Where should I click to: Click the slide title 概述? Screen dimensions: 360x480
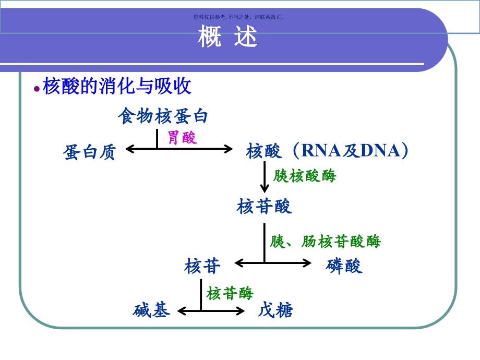[x=228, y=38]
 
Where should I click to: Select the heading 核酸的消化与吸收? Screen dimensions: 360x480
[x=117, y=86]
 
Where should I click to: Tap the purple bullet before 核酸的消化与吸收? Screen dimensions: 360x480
[x=36, y=89]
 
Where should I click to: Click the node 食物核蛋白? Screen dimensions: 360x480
[x=163, y=116]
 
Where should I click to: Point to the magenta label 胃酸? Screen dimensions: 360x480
[x=182, y=138]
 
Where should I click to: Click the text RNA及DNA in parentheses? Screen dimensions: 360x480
[x=351, y=151]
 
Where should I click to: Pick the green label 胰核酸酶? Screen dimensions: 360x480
[x=305, y=176]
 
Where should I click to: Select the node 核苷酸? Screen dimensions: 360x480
[x=264, y=206]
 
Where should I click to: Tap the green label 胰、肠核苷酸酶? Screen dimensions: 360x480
[x=326, y=241]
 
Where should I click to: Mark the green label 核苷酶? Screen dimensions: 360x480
[x=230, y=293]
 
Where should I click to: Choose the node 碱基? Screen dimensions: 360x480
[x=151, y=311]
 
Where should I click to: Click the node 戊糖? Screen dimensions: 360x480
[x=275, y=311]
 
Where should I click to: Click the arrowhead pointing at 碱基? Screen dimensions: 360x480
[x=182, y=311]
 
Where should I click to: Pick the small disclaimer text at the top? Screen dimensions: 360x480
[x=239, y=17]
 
